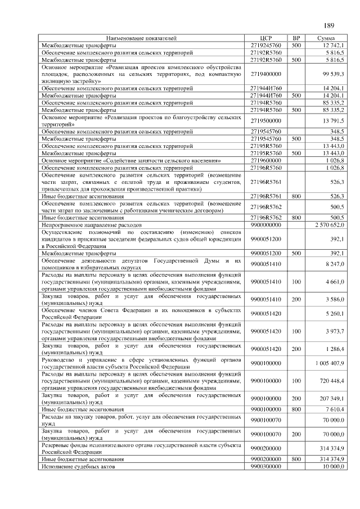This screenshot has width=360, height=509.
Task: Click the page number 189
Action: pyautogui.click(x=329, y=25)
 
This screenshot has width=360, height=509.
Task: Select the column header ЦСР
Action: pyautogui.click(x=266, y=38)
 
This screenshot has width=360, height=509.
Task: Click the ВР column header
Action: pyautogui.click(x=296, y=38)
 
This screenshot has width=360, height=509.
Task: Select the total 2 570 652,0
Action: pyautogui.click(x=329, y=224)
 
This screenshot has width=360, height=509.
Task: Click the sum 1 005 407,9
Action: pyautogui.click(x=330, y=363)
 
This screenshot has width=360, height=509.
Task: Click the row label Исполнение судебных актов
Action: pyautogui.click(x=77, y=466)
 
